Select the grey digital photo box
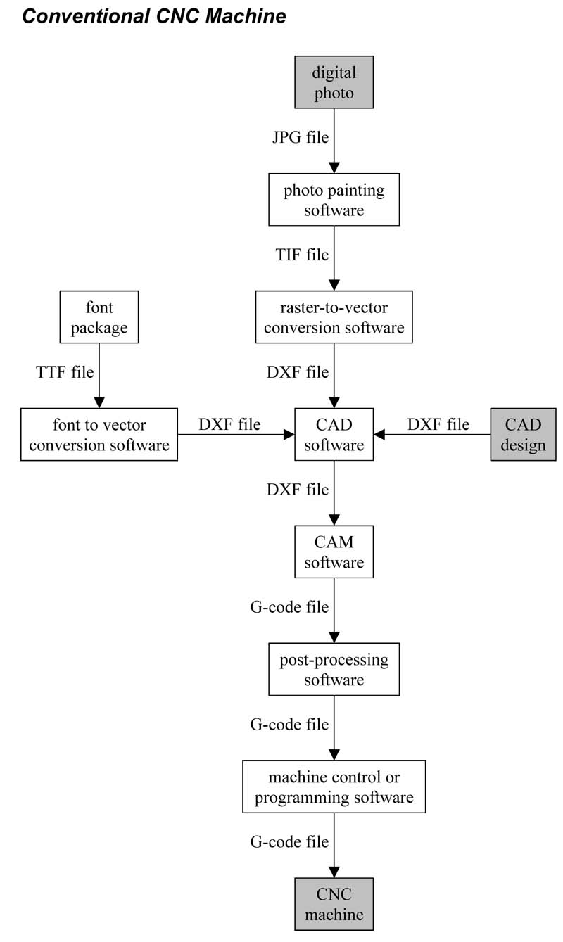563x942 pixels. coord(334,82)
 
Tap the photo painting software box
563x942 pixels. coord(334,200)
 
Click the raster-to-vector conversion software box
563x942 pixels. coord(334,317)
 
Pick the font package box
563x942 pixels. coord(99,317)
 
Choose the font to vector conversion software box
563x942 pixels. coord(99,435)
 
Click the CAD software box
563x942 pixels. coord(334,435)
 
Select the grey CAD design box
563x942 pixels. coord(522,435)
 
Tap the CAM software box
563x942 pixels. coord(334,552)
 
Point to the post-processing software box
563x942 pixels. coord(334,669)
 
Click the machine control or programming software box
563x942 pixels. coord(334,787)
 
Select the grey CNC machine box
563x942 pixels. coord(334,904)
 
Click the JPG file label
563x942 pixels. coord(301,137)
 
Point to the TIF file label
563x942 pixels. coord(302,255)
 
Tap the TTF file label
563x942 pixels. coord(65,372)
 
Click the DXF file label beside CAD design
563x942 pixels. coord(438,424)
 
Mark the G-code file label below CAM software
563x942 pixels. coord(289,606)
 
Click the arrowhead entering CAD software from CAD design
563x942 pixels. coord(379,435)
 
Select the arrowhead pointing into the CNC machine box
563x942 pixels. coord(334,872)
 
